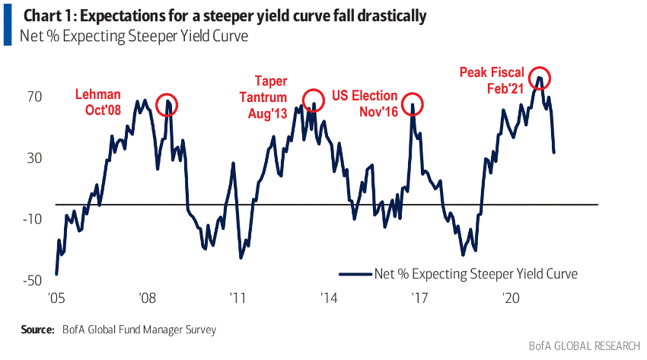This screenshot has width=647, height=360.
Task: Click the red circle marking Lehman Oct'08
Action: (167, 104)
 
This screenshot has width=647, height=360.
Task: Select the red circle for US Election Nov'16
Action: (413, 104)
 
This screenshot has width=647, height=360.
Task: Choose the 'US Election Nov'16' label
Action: (365, 104)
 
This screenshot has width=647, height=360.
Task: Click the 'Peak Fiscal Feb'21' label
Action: (492, 80)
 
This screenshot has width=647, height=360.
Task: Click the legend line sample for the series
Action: (355, 273)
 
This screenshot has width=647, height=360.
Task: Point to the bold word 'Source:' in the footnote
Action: (37, 330)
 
